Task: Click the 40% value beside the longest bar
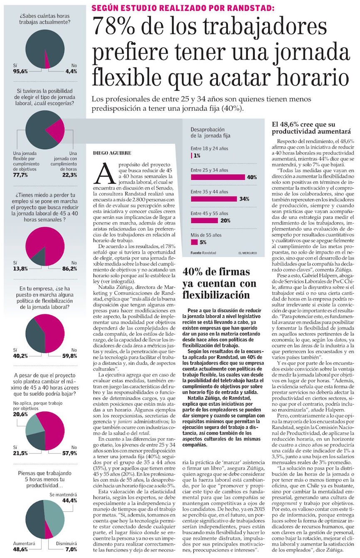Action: [x=252, y=177]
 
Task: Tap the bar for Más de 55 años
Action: [x=194, y=242]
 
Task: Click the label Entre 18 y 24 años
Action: [x=210, y=148]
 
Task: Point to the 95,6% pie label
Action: [x=20, y=71]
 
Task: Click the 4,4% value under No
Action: [x=71, y=71]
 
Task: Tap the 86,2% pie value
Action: [x=70, y=268]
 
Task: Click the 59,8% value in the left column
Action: [x=70, y=356]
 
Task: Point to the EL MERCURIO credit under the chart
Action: [x=247, y=253]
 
